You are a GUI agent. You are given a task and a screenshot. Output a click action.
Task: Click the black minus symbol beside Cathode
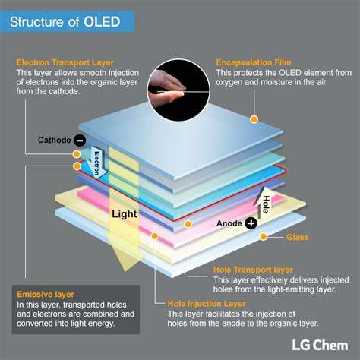pyautogui.click(x=80, y=140)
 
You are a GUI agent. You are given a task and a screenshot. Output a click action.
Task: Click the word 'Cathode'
pyautogui.click(x=54, y=141)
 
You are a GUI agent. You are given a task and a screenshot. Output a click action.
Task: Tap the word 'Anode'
pyautogui.click(x=229, y=224)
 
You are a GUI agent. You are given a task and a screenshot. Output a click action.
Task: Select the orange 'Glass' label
pyautogui.click(x=297, y=238)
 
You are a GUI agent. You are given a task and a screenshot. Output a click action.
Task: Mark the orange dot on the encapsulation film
pyautogui.click(x=255, y=119)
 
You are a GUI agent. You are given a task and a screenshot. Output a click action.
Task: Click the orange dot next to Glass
pyautogui.click(x=263, y=237)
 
